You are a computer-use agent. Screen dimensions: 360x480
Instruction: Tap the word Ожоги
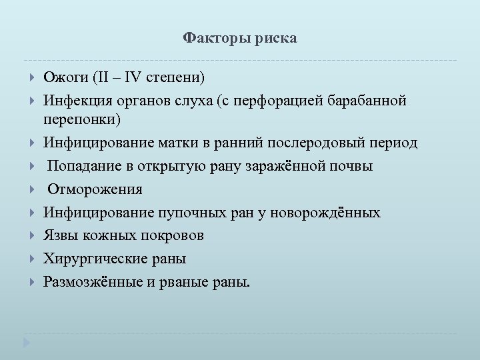(x=65, y=77)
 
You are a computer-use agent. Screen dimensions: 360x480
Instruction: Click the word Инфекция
(x=77, y=100)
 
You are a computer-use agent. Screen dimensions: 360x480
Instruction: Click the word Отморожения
(x=95, y=189)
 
